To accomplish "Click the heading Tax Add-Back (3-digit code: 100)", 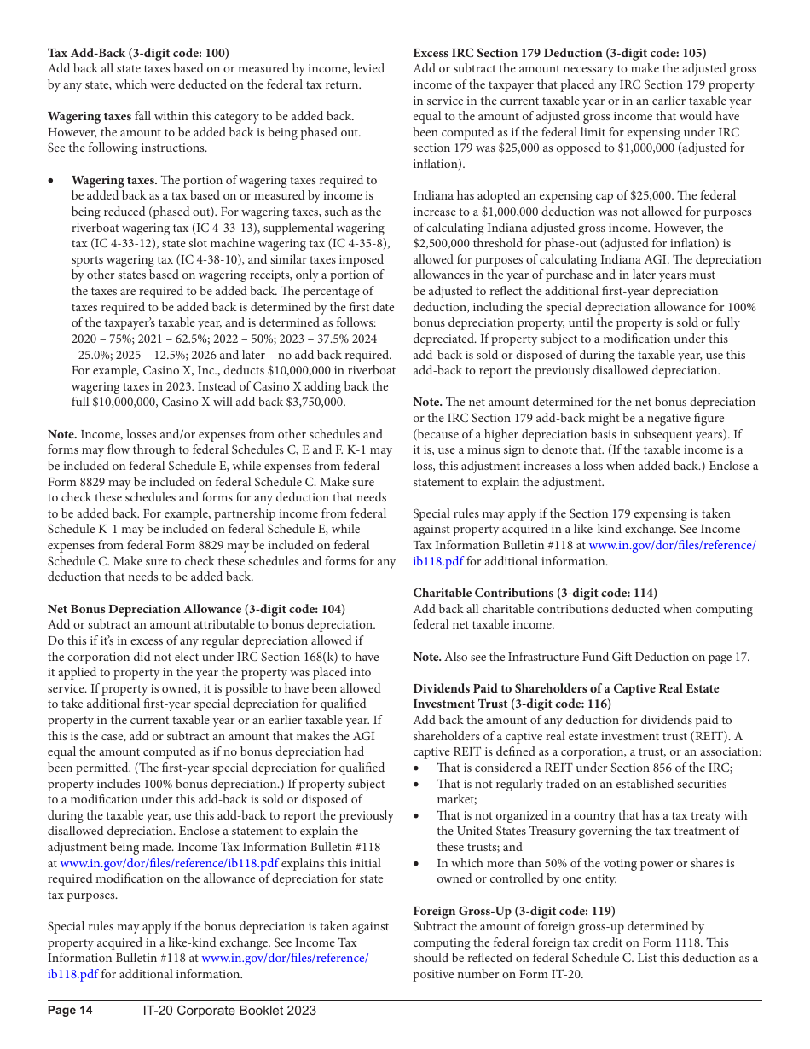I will (138, 52).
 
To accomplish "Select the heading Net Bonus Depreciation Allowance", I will (196, 609).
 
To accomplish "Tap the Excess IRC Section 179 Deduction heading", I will (559, 52).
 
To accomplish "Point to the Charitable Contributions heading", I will (535, 593).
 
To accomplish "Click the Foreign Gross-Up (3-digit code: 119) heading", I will (514, 911).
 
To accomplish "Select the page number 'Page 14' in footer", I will (70, 1011).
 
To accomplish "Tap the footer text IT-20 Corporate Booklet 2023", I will (229, 1011).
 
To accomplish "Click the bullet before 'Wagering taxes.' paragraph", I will (53, 181).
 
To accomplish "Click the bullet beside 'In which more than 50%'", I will (417, 863).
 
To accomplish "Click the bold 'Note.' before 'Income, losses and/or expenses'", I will (62, 434).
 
